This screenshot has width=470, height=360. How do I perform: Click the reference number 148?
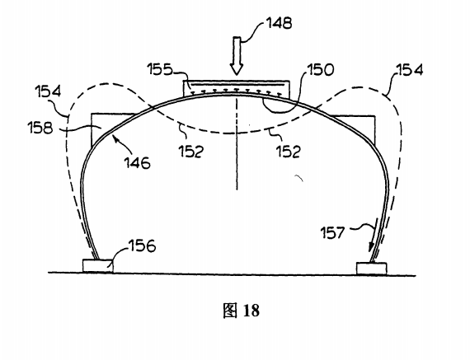(x=279, y=23)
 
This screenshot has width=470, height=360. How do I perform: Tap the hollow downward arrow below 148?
(x=237, y=56)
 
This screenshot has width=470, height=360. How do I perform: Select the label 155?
(x=160, y=69)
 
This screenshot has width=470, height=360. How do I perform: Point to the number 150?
(x=320, y=70)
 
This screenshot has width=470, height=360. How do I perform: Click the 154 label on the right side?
(x=410, y=70)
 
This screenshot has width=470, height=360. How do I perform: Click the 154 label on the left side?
(x=48, y=91)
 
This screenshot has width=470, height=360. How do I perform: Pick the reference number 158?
(x=40, y=128)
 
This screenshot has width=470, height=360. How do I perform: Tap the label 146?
(x=137, y=163)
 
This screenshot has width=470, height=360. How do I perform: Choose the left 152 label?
(x=191, y=151)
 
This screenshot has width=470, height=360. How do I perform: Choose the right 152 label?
(x=288, y=152)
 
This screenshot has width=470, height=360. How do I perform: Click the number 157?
(x=333, y=232)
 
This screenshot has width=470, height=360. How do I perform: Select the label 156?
(x=143, y=245)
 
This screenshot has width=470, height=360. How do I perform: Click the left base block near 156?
(x=98, y=266)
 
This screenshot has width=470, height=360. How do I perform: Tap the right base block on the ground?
(x=371, y=269)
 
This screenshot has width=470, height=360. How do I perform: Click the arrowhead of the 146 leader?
(x=115, y=138)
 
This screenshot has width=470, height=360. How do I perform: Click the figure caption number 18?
(x=251, y=311)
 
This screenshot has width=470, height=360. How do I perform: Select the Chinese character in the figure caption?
(x=231, y=311)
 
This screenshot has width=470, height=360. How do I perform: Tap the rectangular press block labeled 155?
(x=237, y=88)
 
